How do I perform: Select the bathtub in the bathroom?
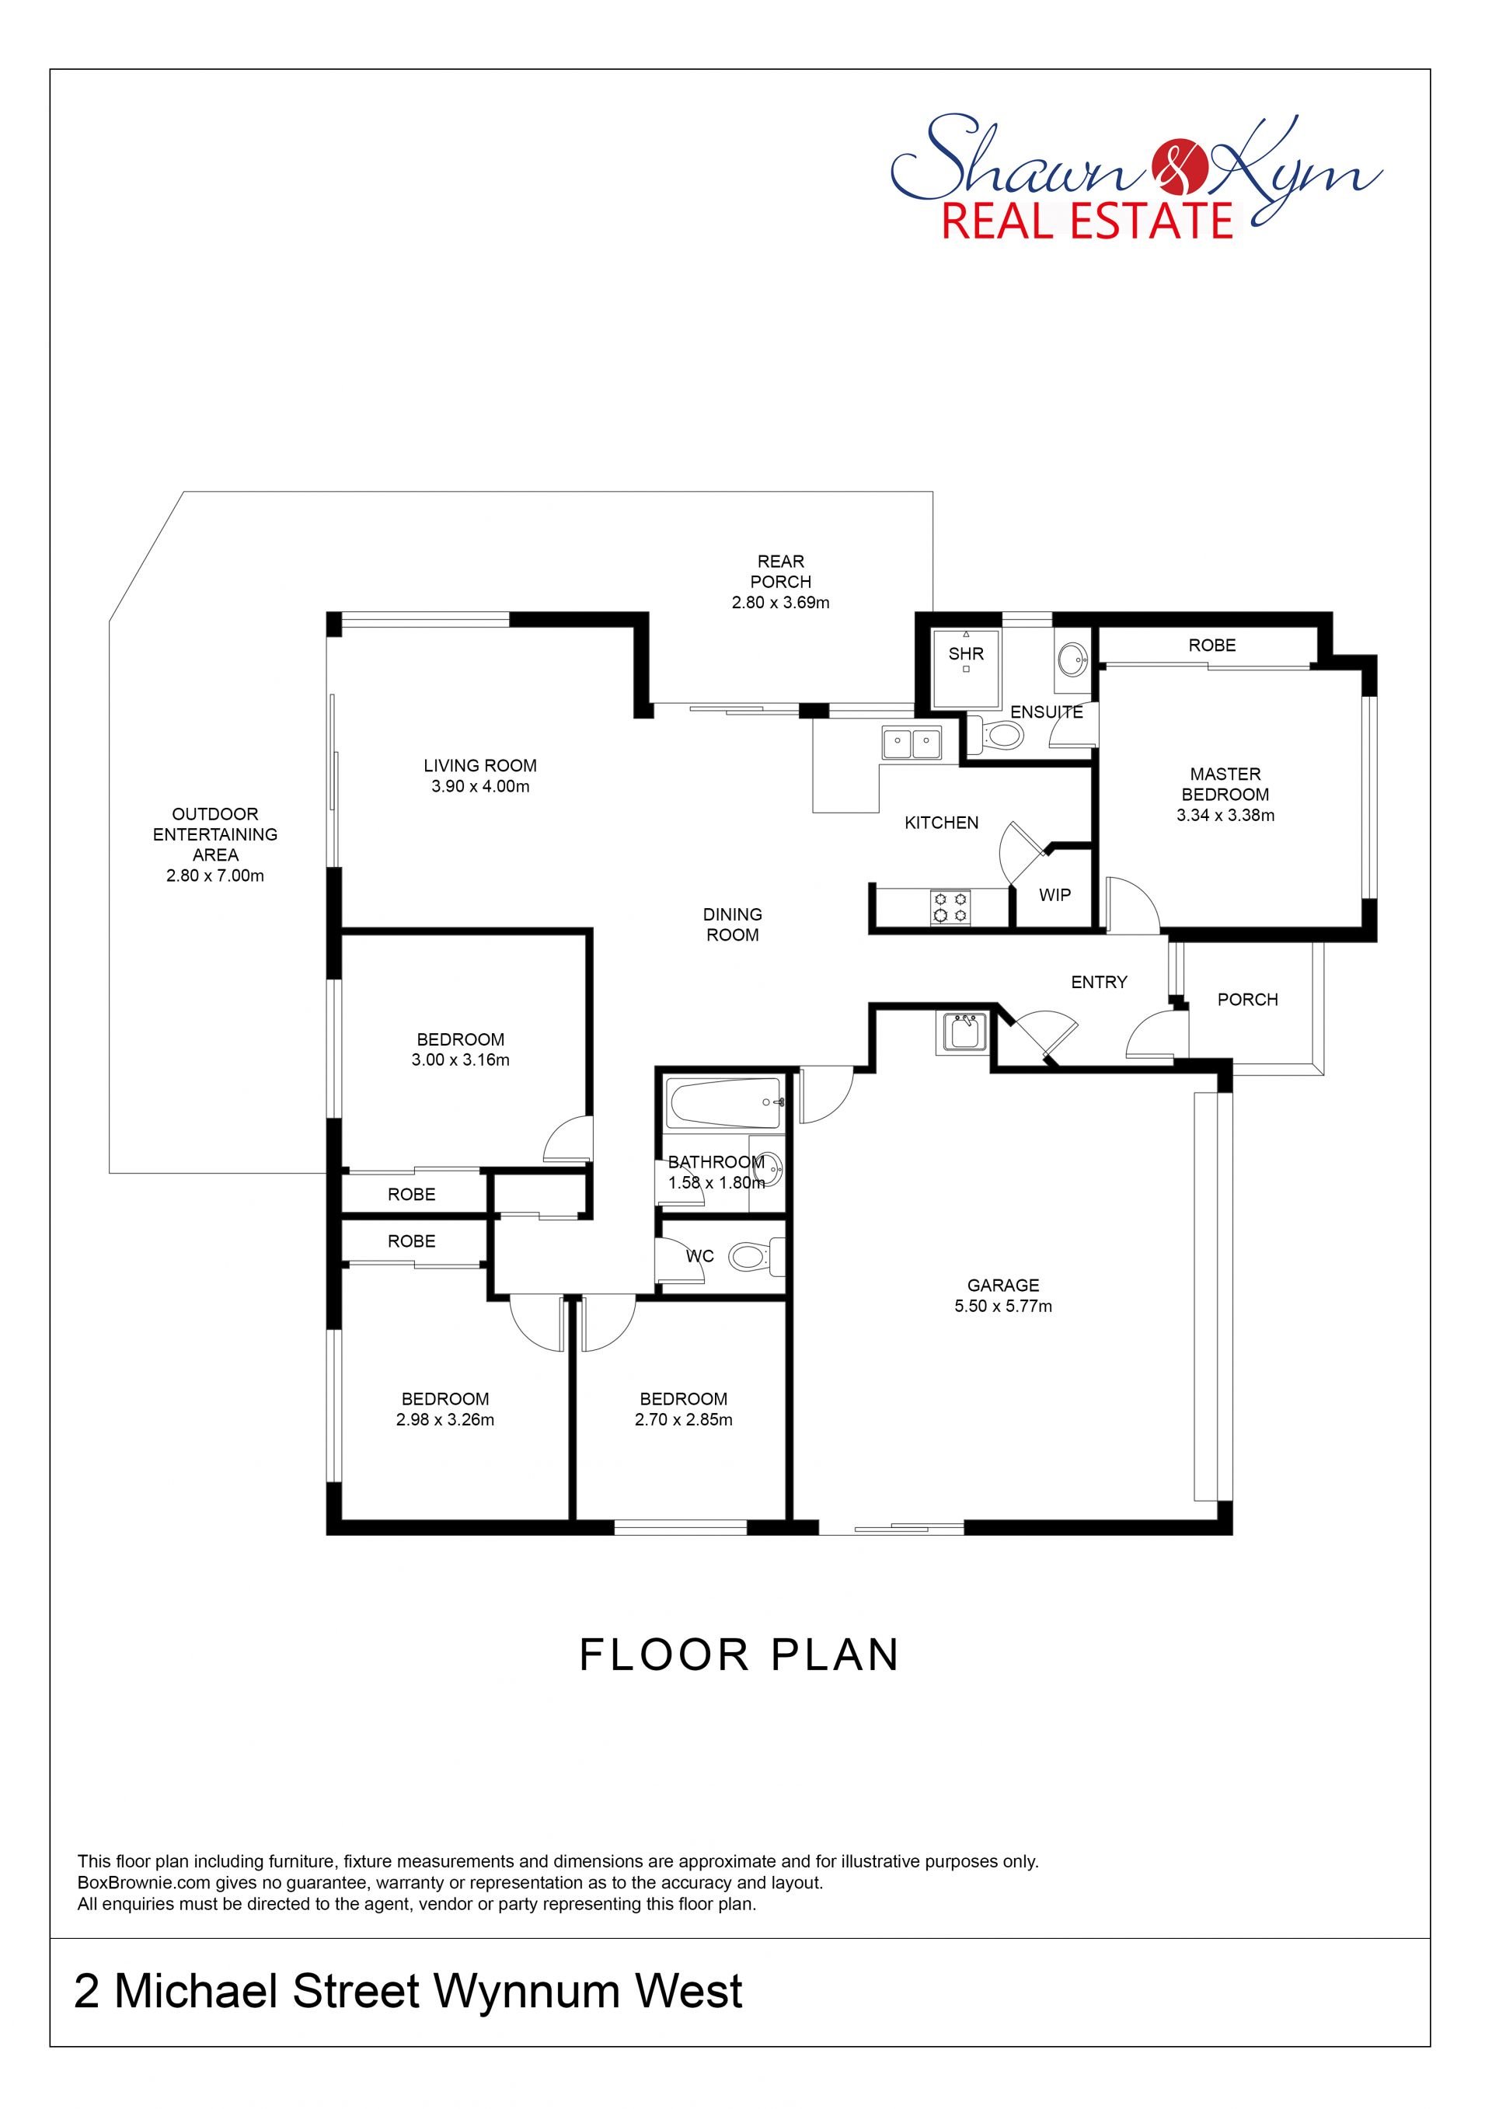pyautogui.click(x=725, y=1103)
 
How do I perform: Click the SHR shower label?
pyautogui.click(x=966, y=654)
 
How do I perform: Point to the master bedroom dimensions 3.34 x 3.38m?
pyautogui.click(x=1225, y=815)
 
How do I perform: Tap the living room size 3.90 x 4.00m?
pyautogui.click(x=480, y=786)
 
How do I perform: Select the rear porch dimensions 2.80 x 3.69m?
pyautogui.click(x=781, y=603)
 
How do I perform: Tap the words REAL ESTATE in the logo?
pyautogui.click(x=1088, y=221)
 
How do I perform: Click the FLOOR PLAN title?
pyautogui.click(x=740, y=1655)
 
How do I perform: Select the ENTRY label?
pyautogui.click(x=1099, y=982)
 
